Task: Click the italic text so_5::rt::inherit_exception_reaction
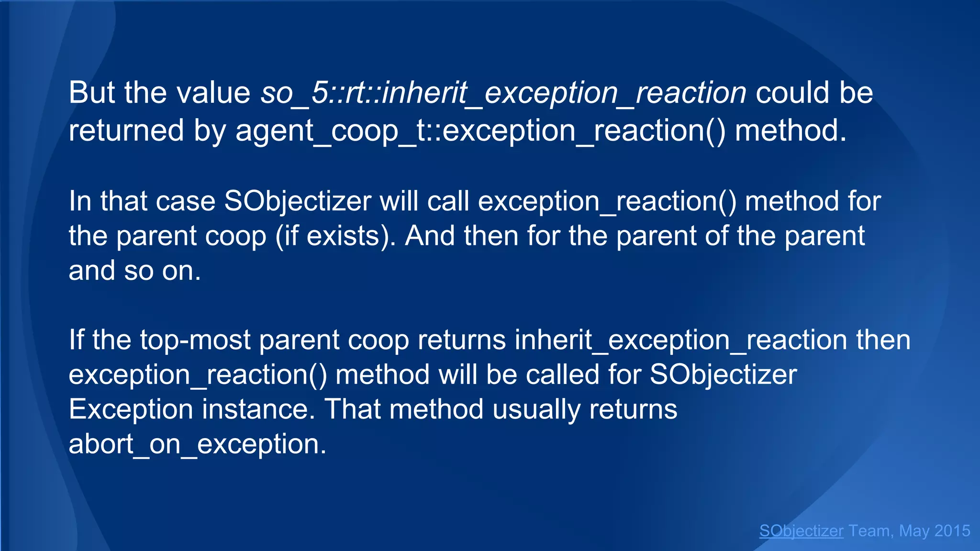click(503, 93)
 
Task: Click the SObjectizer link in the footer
click(801, 531)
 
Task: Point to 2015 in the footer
click(952, 531)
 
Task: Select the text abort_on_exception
click(197, 444)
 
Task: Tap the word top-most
click(195, 340)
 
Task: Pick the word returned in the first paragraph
click(126, 131)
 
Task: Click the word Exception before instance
click(131, 409)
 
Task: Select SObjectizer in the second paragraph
click(298, 201)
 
